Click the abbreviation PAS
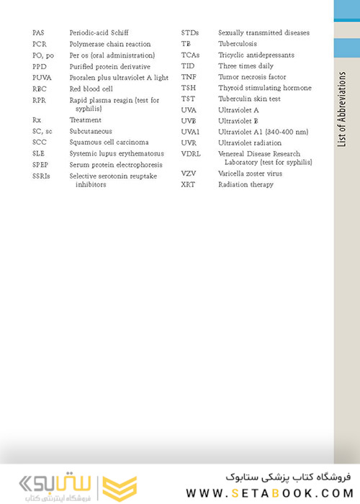tap(38, 33)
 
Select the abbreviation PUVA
tap(41, 77)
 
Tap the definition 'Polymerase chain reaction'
tap(104, 44)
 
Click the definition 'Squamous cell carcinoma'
tap(109, 143)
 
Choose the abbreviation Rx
tap(37, 120)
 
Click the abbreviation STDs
tap(190, 33)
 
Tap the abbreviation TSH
tap(189, 88)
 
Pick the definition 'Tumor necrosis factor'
tap(252, 77)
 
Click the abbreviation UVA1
tap(191, 132)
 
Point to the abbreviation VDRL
tap(192, 153)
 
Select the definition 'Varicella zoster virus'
tap(250, 174)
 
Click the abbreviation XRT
tap(187, 184)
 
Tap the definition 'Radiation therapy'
tap(246, 184)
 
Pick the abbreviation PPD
tap(39, 66)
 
